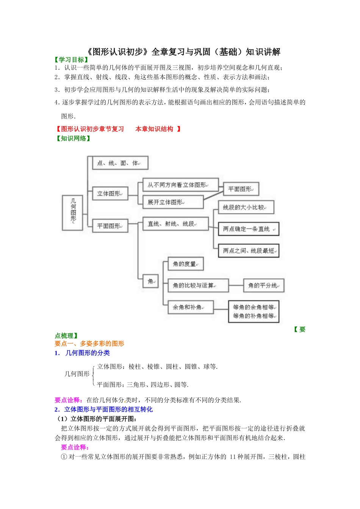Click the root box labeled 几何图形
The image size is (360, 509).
point(72,212)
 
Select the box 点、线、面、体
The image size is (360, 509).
point(120,163)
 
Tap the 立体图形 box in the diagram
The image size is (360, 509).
point(110,194)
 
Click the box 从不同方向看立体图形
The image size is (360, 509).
point(180,185)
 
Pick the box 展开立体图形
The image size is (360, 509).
point(173,202)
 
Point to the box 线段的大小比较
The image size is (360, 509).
point(246,207)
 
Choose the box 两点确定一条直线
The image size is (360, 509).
point(249,229)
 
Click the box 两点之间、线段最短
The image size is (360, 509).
point(249,251)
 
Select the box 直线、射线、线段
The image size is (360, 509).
point(175,224)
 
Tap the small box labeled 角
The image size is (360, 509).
point(150,281)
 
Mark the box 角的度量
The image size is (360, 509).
point(186,264)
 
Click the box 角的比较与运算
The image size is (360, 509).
point(198,285)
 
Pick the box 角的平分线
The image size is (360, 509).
point(264,285)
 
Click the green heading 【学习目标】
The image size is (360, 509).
point(72,59)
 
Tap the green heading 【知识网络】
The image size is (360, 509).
point(74,138)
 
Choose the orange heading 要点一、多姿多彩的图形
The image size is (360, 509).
point(89,343)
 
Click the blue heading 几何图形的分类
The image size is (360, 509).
point(87,353)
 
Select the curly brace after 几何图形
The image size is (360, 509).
point(93,375)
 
